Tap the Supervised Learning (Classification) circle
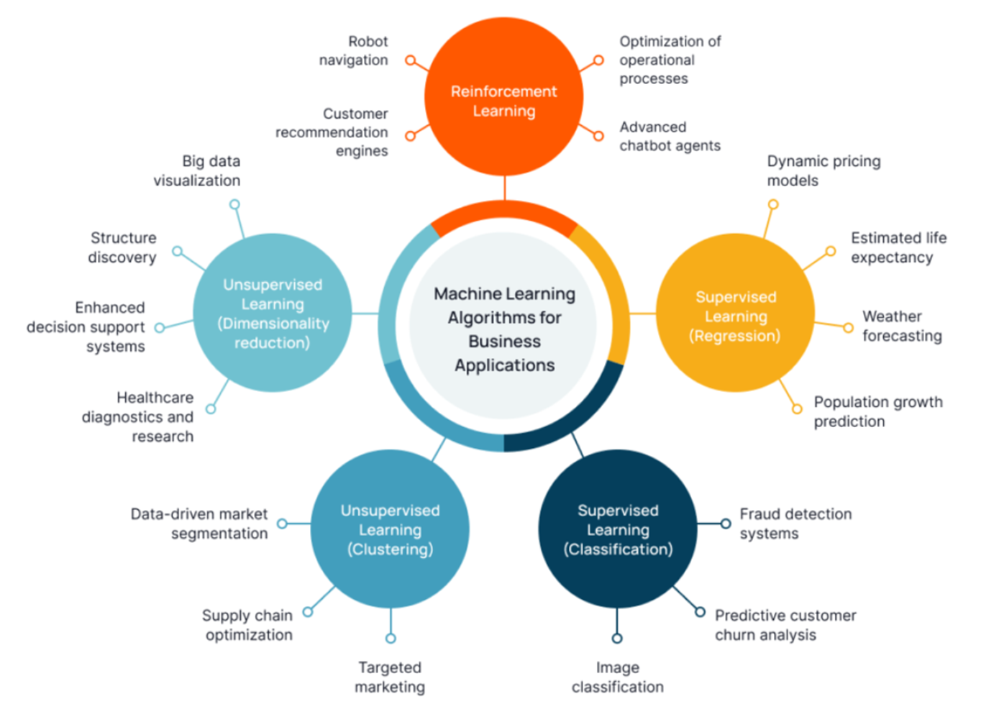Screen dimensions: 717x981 point(617,529)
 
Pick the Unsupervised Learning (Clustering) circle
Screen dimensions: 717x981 point(390,529)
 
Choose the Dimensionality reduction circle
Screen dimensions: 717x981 point(273,313)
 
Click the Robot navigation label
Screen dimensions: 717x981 point(353,51)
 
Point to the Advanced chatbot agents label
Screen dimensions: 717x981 point(670,137)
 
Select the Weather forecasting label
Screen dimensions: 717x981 point(902,326)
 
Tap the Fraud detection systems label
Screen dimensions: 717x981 point(795,524)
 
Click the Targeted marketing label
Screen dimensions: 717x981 point(390,677)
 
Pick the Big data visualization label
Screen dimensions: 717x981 point(197,171)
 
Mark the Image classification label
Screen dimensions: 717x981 point(617,677)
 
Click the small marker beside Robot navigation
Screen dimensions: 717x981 point(410,60)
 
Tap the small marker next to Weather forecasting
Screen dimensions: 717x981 point(849,328)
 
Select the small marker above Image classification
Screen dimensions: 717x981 point(617,638)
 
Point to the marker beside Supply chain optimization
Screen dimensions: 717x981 point(308,612)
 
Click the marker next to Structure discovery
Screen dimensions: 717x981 point(178,251)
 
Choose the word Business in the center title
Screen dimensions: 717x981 point(504,342)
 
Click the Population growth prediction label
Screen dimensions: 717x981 point(877,411)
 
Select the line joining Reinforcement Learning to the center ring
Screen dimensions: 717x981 point(504,188)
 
